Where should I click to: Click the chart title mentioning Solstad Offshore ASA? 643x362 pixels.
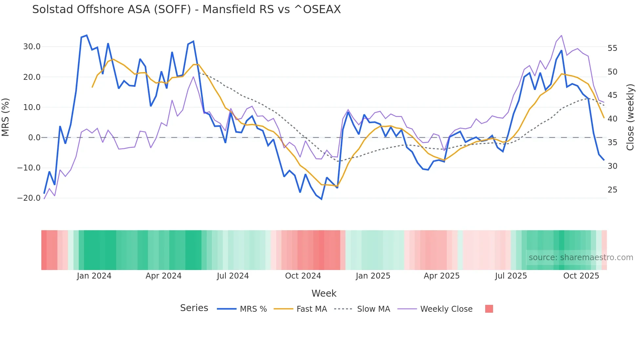point(186,10)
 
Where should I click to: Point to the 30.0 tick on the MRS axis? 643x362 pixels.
point(32,47)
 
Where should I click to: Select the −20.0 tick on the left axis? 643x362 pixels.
point(29,198)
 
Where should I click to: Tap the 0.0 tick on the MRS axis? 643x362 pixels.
point(34,138)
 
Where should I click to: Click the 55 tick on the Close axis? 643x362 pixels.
point(612,48)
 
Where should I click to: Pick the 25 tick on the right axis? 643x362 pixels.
point(612,190)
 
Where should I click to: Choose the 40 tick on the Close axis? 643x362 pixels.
point(612,119)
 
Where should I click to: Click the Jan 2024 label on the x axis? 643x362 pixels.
point(94,276)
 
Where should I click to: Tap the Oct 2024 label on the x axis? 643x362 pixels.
point(303,276)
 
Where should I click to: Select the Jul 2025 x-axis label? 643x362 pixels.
point(511,276)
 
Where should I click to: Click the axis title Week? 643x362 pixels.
point(324,293)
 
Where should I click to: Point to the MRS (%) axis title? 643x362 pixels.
point(6,117)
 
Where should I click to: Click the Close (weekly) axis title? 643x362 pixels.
point(630,117)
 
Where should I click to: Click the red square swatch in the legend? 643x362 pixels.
point(489,309)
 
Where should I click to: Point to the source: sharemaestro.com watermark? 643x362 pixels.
point(581,258)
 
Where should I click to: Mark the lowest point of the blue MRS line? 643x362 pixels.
point(321,199)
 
